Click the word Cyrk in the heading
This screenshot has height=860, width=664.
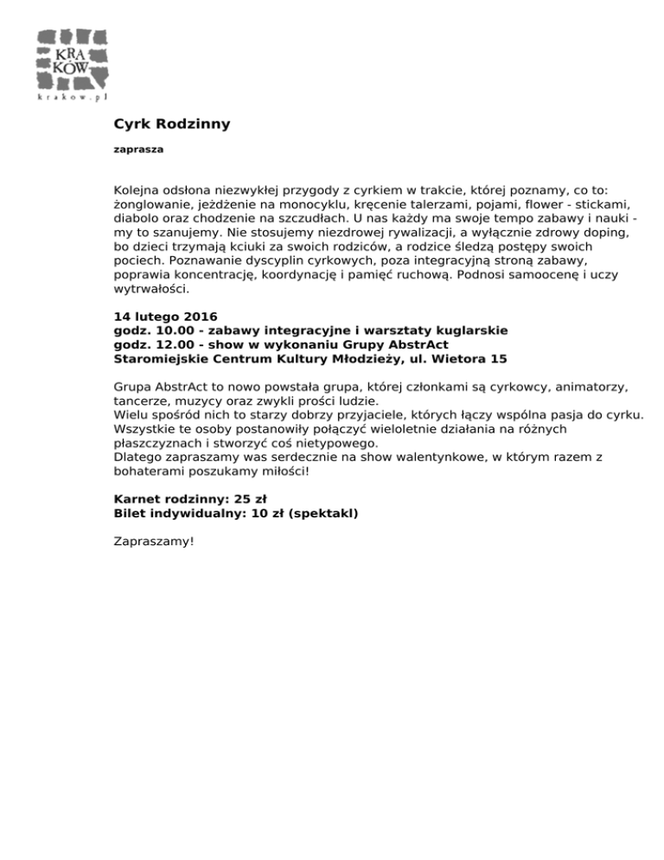131,124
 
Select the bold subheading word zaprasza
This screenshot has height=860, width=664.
139,150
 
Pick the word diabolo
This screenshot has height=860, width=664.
137,219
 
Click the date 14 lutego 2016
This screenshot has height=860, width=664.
165,316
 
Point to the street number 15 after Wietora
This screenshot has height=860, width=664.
499,357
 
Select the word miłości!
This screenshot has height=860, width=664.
279,472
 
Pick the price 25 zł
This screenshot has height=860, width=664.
250,499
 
